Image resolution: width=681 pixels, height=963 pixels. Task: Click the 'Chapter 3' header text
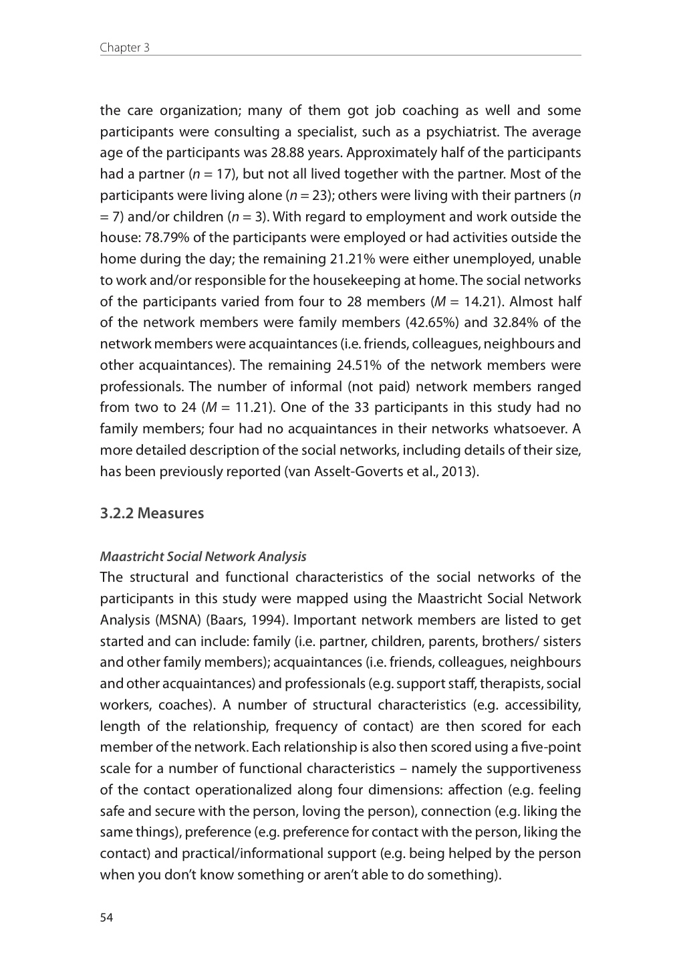(x=124, y=47)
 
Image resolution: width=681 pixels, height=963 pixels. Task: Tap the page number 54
(x=106, y=918)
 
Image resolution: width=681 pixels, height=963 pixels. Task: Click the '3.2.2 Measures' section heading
(x=152, y=513)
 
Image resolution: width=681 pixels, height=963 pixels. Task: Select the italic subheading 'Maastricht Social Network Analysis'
(x=202, y=556)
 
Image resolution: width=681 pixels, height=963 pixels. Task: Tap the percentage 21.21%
(x=356, y=259)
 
